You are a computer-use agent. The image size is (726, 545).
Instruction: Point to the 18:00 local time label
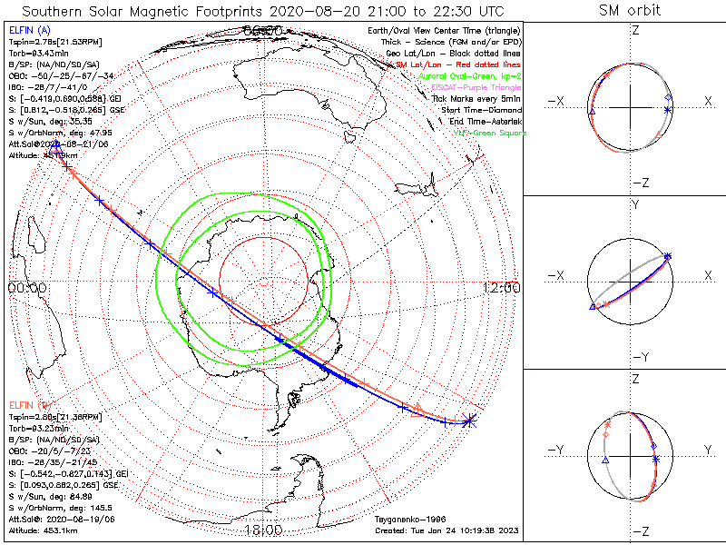(x=263, y=530)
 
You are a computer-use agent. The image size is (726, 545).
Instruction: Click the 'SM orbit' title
(x=630, y=10)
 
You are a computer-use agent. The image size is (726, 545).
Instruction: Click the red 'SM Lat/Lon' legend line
(x=472, y=64)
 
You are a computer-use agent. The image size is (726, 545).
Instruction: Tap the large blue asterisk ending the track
(x=468, y=420)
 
